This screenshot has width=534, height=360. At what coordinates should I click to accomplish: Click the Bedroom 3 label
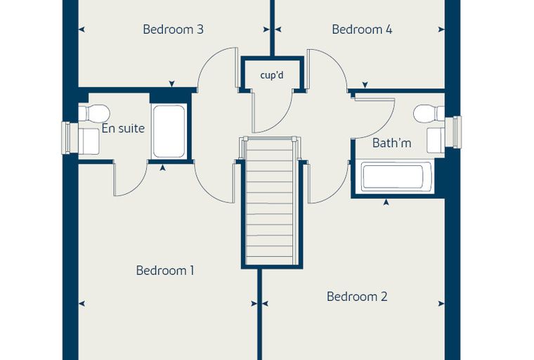pyautogui.click(x=173, y=30)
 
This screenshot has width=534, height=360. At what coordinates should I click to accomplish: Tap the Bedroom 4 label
pyautogui.click(x=362, y=30)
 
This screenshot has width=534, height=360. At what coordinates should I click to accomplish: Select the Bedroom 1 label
pyautogui.click(x=165, y=270)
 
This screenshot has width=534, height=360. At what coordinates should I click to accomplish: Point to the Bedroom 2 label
pyautogui.click(x=357, y=296)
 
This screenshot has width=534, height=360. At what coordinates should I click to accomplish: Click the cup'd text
pyautogui.click(x=272, y=75)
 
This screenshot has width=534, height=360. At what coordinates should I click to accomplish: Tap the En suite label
pyautogui.click(x=123, y=129)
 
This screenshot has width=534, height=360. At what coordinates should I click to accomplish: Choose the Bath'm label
pyautogui.click(x=391, y=143)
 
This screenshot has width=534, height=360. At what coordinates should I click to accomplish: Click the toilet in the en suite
pyautogui.click(x=94, y=112)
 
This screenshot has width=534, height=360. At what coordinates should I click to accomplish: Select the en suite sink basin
pyautogui.click(x=89, y=141)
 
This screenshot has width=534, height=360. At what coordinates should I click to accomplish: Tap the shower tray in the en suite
pyautogui.click(x=169, y=131)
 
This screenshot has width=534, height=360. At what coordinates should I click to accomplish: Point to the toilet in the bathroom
pyautogui.click(x=429, y=113)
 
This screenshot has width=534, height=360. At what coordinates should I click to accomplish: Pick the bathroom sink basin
pyautogui.click(x=436, y=140)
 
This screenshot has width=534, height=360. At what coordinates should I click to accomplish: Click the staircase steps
pyautogui.click(x=270, y=201)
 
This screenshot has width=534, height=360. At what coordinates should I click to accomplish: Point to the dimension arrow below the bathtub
pyautogui.click(x=386, y=202)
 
